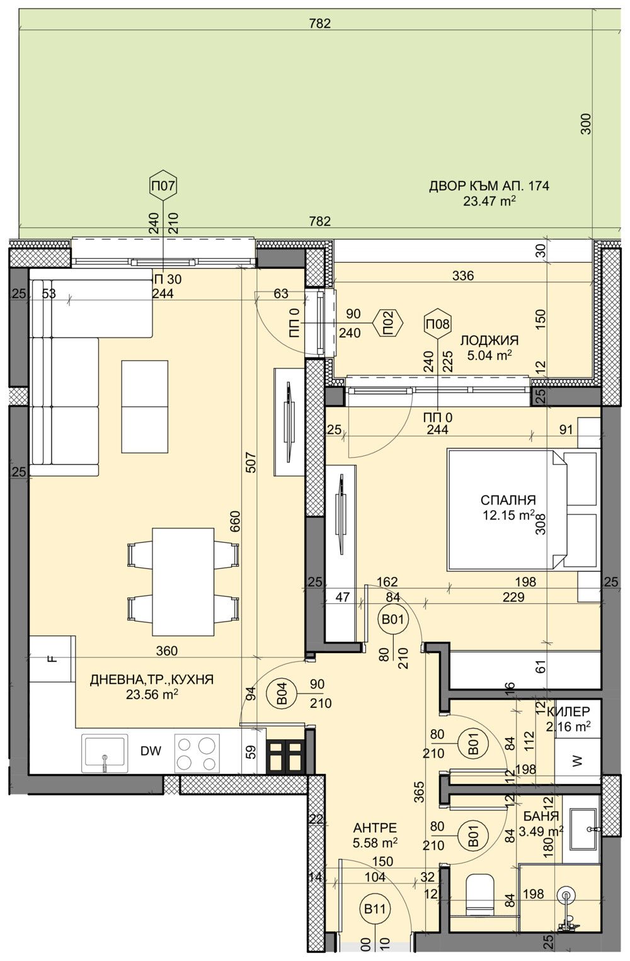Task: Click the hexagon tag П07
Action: (x=163, y=186)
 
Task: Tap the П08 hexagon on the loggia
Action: (x=438, y=325)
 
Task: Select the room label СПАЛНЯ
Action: (x=508, y=500)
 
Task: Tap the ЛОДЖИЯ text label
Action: (x=489, y=341)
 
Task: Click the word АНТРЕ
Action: (x=375, y=827)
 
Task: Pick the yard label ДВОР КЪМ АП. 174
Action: (x=489, y=186)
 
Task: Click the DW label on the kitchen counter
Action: (x=151, y=751)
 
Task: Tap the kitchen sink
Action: (x=105, y=753)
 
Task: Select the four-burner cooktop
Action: (x=197, y=753)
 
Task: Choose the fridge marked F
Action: (x=52, y=659)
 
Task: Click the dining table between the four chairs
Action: (x=183, y=581)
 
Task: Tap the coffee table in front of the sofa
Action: (x=145, y=406)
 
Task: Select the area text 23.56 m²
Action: (x=152, y=694)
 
